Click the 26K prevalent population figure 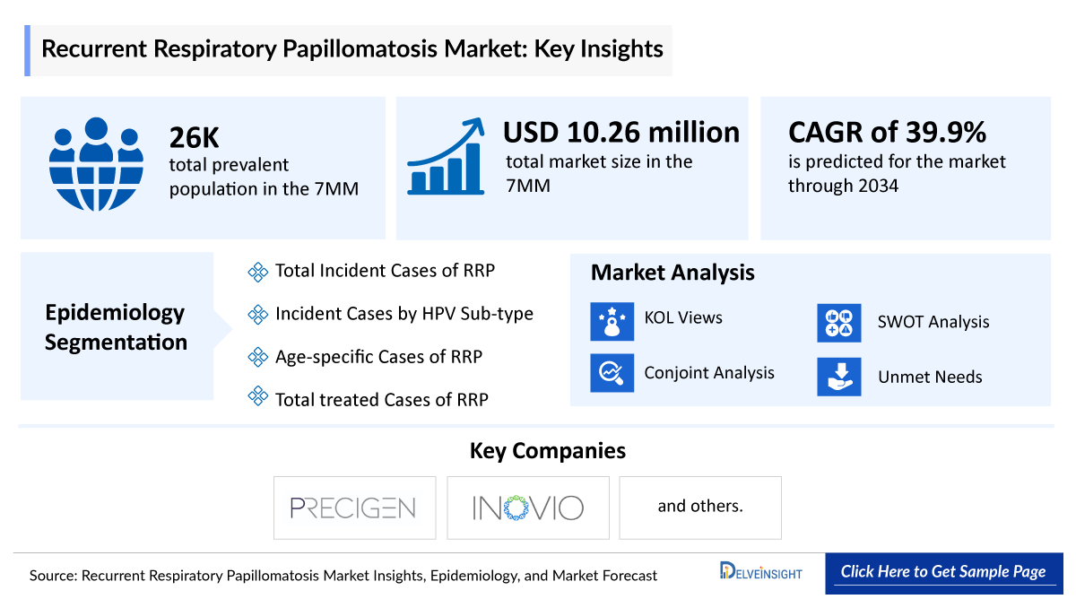click(195, 136)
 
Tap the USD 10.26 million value click(620, 132)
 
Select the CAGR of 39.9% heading click(887, 132)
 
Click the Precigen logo click(353, 508)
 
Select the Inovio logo click(527, 508)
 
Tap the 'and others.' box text click(699, 506)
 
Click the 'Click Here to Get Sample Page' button click(943, 572)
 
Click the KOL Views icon click(612, 321)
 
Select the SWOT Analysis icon click(838, 323)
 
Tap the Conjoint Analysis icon click(612, 373)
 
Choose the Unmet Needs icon click(838, 378)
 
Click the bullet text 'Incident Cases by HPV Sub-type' click(403, 314)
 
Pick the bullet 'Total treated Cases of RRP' click(381, 400)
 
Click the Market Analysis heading click(672, 273)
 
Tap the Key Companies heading click(547, 450)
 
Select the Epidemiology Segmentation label click(116, 327)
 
